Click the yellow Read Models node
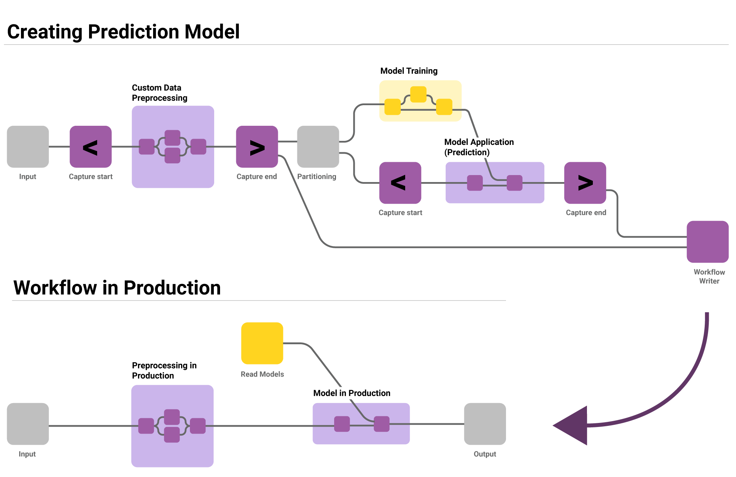pos(262,343)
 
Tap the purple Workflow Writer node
pos(708,242)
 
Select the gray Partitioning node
pos(318,147)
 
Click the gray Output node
pos(485,424)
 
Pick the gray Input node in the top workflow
pos(28,147)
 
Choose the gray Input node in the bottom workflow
pos(28,424)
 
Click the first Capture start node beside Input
pos(91,147)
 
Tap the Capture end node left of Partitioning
pos(257,147)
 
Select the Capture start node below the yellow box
pos(400,183)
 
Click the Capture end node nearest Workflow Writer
pos(585,183)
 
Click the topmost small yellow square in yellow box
pos(418,94)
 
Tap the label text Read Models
pos(262,374)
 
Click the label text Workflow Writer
pos(709,276)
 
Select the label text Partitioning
pos(316,177)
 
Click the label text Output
pos(485,454)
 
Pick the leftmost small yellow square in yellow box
pos(392,107)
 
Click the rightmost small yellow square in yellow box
pos(444,107)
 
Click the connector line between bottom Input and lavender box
pos(90,426)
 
